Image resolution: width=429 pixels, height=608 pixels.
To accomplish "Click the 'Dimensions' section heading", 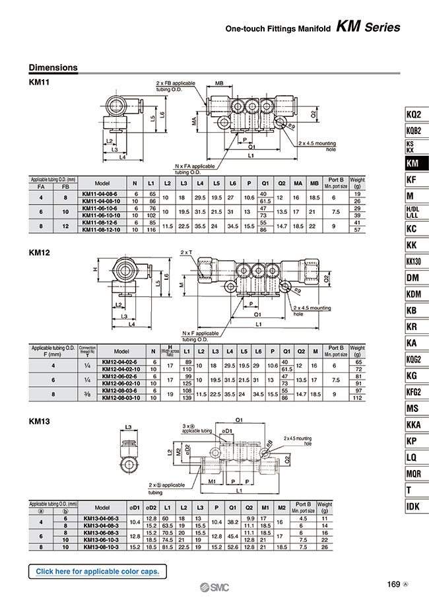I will coord(53,67).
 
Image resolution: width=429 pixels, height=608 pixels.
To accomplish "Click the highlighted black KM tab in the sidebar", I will coord(414,163).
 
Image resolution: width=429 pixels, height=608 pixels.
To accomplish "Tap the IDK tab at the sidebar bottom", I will coord(414,506).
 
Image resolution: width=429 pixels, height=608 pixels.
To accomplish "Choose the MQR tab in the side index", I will coord(414,473).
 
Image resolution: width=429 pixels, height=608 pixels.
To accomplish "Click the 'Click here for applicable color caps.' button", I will coord(97,571).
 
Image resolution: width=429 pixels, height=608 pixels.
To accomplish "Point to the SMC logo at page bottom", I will coord(214,589).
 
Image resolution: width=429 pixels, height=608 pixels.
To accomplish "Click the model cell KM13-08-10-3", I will coord(102,546).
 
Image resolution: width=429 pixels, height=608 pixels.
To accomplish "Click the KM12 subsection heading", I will coord(40,252).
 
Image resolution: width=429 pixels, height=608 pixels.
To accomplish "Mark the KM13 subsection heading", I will coord(40,420).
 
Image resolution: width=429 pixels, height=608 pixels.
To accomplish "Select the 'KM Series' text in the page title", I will coord(368,28).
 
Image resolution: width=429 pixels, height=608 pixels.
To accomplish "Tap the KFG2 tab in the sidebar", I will coord(414,391).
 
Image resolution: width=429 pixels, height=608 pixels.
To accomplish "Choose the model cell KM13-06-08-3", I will coord(102,532).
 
